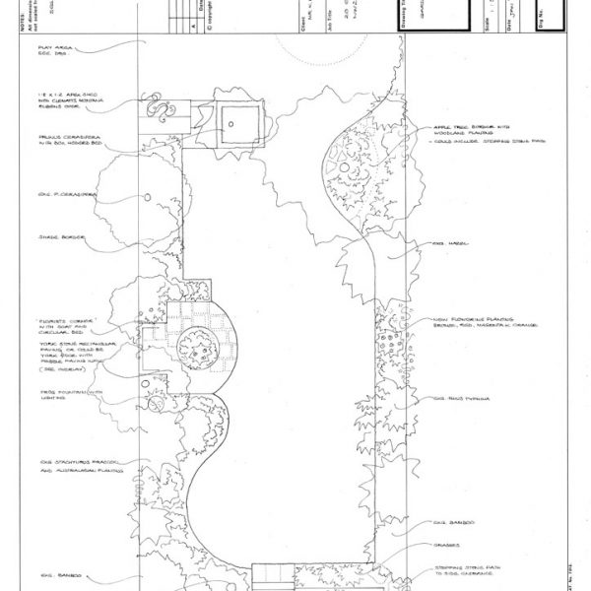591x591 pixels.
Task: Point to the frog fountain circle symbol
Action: tap(155, 403)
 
